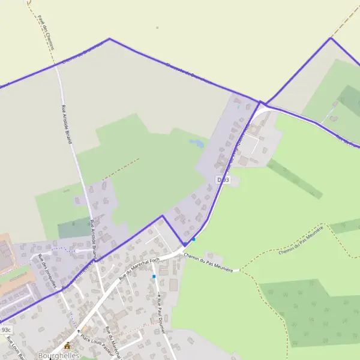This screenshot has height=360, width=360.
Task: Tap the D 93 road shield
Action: coord(222,179)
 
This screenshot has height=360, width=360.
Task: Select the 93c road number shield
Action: coord(5,329)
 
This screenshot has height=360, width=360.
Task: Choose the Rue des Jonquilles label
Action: coord(47,272)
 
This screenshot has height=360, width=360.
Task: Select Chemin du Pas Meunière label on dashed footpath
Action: coord(301,240)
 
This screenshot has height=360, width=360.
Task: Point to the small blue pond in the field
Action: coord(196,143)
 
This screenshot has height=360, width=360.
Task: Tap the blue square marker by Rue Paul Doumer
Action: coord(154,277)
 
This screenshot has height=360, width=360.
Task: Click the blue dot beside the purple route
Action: coord(194,239)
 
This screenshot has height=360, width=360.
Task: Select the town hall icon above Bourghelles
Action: coord(67,346)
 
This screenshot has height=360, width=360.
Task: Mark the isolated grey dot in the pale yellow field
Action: coord(157,28)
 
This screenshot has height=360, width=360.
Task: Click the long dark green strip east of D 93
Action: coord(294,178)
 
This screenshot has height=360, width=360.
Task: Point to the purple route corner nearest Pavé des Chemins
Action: coord(109,39)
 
